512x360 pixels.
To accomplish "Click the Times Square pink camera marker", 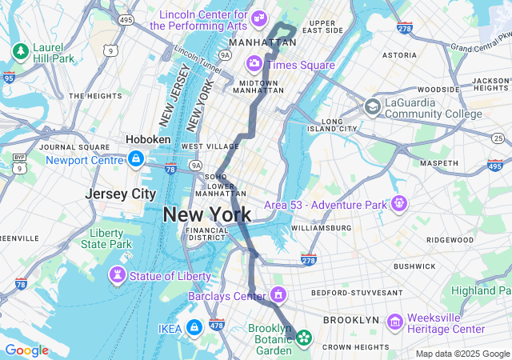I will click(x=254, y=62).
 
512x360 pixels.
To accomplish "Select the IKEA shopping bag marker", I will click(x=194, y=327).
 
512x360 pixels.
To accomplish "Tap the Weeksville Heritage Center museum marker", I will click(x=394, y=322).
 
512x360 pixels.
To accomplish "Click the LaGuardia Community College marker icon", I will click(x=372, y=107).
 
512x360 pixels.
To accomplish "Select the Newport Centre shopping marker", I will click(x=135, y=159).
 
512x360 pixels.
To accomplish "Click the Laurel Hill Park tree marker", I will click(x=20, y=52).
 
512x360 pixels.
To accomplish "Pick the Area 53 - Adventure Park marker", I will click(x=399, y=205).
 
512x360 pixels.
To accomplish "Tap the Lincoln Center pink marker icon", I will click(x=258, y=18).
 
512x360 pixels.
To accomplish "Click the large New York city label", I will click(x=207, y=214).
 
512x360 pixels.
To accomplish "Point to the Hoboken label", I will click(x=148, y=139).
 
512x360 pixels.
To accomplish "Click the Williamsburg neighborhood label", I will click(x=320, y=228).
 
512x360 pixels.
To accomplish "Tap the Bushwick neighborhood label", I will click(x=414, y=266).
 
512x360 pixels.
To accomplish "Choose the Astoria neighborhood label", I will click(x=399, y=55).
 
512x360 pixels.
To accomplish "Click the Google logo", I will click(x=26, y=350).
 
